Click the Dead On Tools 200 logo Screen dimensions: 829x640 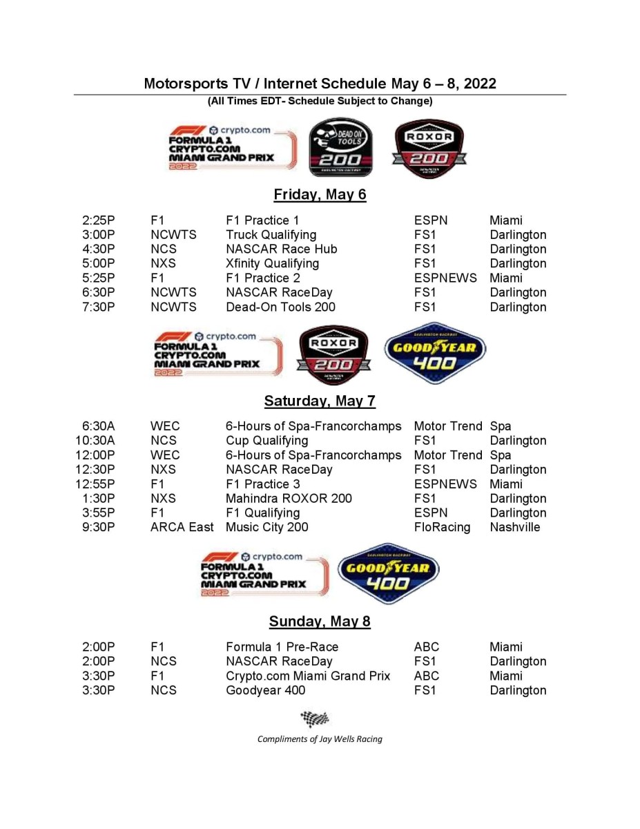click(340, 147)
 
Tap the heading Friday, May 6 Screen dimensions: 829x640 click(320, 194)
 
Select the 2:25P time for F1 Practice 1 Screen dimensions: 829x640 click(98, 220)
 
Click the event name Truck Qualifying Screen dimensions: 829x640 click(271, 235)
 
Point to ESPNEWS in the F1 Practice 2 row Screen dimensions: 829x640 click(445, 278)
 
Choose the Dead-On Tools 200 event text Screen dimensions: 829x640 click(280, 307)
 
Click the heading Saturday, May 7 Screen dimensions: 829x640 click(320, 401)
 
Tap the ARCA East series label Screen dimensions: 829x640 click(182, 527)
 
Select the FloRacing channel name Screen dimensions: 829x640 click(442, 527)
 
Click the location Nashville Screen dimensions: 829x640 click(515, 527)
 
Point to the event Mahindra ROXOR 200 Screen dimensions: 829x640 click(289, 498)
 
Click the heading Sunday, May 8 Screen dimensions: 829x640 click(320, 621)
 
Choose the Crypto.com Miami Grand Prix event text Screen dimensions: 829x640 click(308, 676)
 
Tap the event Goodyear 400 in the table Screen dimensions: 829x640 click(265, 690)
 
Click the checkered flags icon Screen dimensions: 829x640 click(315, 718)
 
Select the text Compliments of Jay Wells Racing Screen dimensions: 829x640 click(320, 739)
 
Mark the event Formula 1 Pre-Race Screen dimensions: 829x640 click(282, 647)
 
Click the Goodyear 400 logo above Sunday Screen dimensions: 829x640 click(388, 573)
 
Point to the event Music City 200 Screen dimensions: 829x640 click(266, 527)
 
